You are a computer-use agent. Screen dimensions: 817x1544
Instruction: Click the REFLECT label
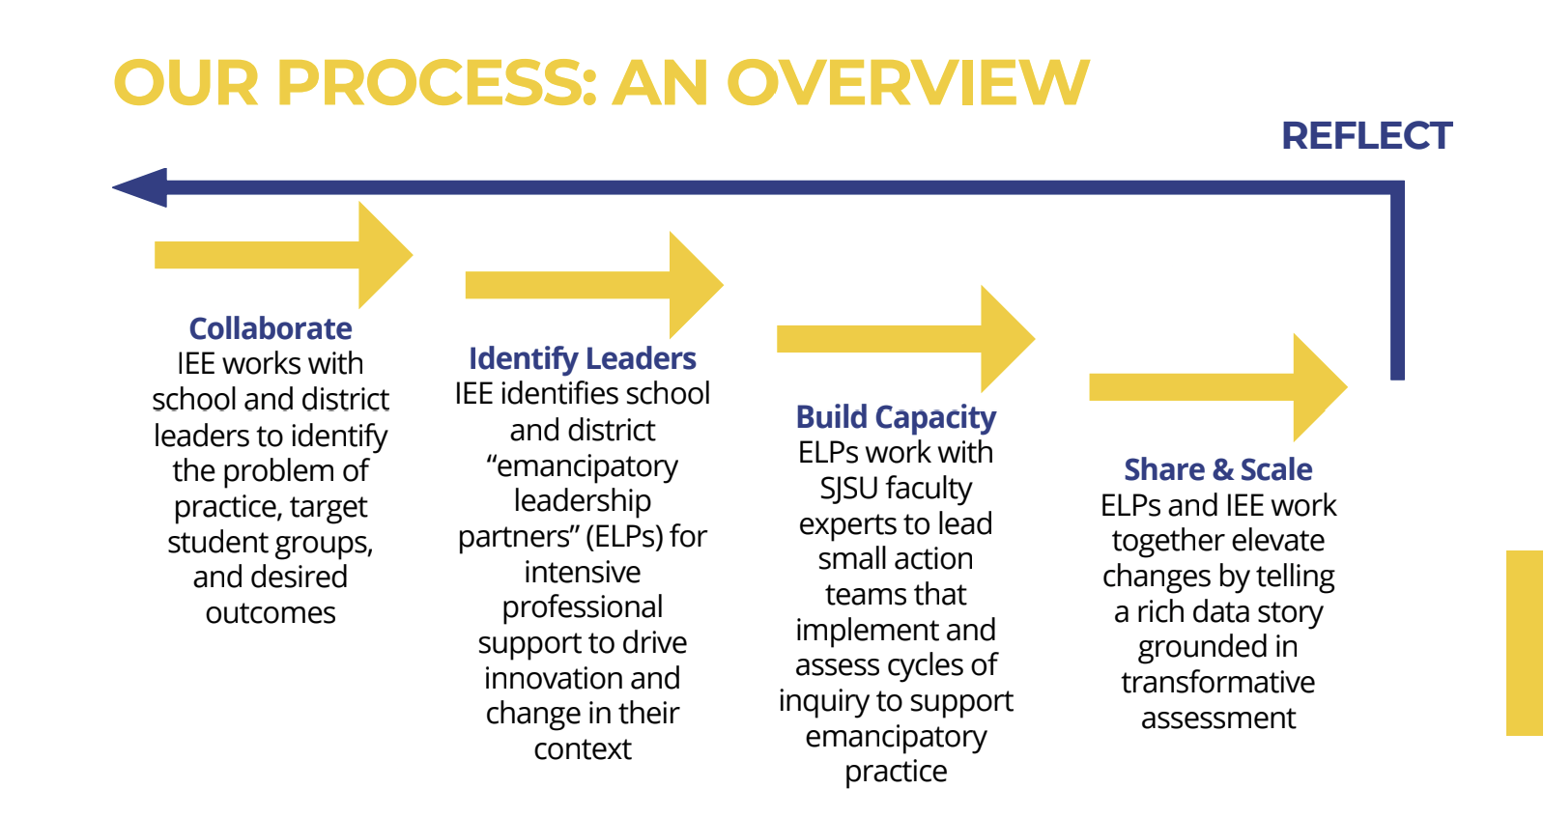(1365, 136)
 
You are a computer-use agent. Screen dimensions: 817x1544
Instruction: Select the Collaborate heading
(271, 328)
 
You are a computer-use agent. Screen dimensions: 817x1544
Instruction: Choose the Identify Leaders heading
(582, 358)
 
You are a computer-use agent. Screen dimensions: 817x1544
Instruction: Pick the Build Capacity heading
(896, 417)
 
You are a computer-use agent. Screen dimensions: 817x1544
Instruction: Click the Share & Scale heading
(1217, 469)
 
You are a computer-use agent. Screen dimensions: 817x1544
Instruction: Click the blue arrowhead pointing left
(141, 187)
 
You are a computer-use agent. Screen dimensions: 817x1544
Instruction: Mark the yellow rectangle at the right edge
(1524, 642)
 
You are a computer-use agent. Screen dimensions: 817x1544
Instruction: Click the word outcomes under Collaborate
(271, 613)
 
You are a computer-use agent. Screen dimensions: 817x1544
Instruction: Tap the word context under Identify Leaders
(582, 749)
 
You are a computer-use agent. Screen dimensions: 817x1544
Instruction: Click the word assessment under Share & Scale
(1217, 718)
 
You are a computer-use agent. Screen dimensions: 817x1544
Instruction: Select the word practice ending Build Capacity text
(896, 772)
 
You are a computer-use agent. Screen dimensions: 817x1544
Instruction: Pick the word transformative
(1217, 683)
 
